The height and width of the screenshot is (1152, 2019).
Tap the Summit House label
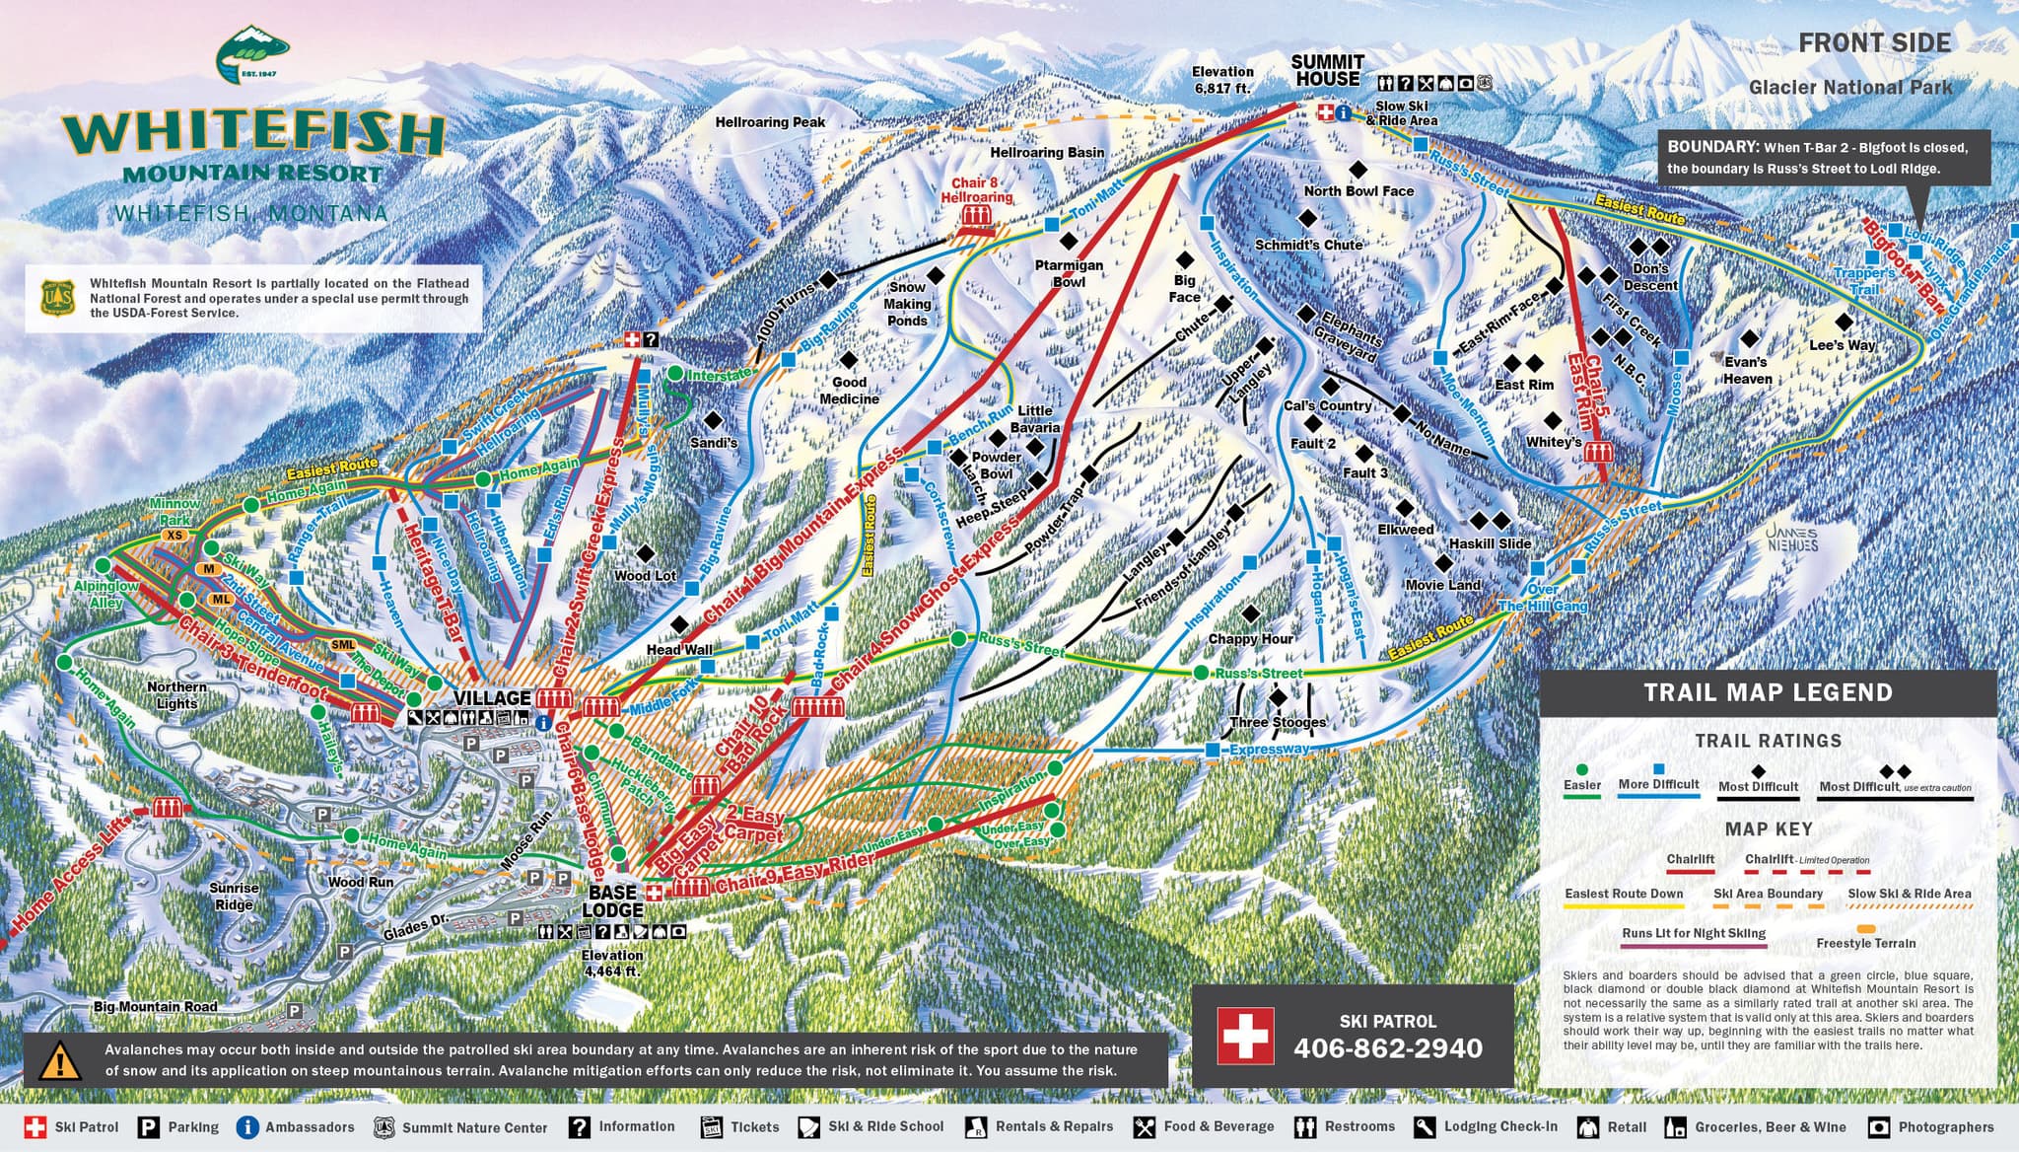pyautogui.click(x=1327, y=70)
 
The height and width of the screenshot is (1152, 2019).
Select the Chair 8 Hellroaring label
pyautogui.click(x=975, y=189)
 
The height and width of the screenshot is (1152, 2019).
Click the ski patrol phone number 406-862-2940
pyautogui.click(x=1388, y=1048)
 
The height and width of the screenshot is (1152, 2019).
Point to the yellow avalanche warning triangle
pyautogui.click(x=60, y=1061)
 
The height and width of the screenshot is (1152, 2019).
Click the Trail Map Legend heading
pyautogui.click(x=1768, y=692)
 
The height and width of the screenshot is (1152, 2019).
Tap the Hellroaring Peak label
pyautogui.click(x=770, y=122)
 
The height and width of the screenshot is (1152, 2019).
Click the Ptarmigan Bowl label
pyautogui.click(x=1069, y=273)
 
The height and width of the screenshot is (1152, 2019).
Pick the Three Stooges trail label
pyautogui.click(x=1278, y=722)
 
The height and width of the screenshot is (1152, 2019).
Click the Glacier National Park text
pyautogui.click(x=1849, y=88)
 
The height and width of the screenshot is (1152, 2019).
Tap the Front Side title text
pyautogui.click(x=1874, y=43)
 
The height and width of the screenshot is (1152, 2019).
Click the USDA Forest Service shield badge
pyautogui.click(x=57, y=297)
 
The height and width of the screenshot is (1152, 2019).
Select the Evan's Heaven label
pyautogui.click(x=1747, y=370)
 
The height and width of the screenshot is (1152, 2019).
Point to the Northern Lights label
pyautogui.click(x=176, y=695)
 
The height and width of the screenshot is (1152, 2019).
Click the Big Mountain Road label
pyautogui.click(x=155, y=1007)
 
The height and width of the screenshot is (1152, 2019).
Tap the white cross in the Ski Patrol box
pyautogui.click(x=1244, y=1036)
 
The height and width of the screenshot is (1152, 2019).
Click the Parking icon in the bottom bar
pyautogui.click(x=149, y=1127)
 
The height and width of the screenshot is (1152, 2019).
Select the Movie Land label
pyautogui.click(x=1442, y=585)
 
